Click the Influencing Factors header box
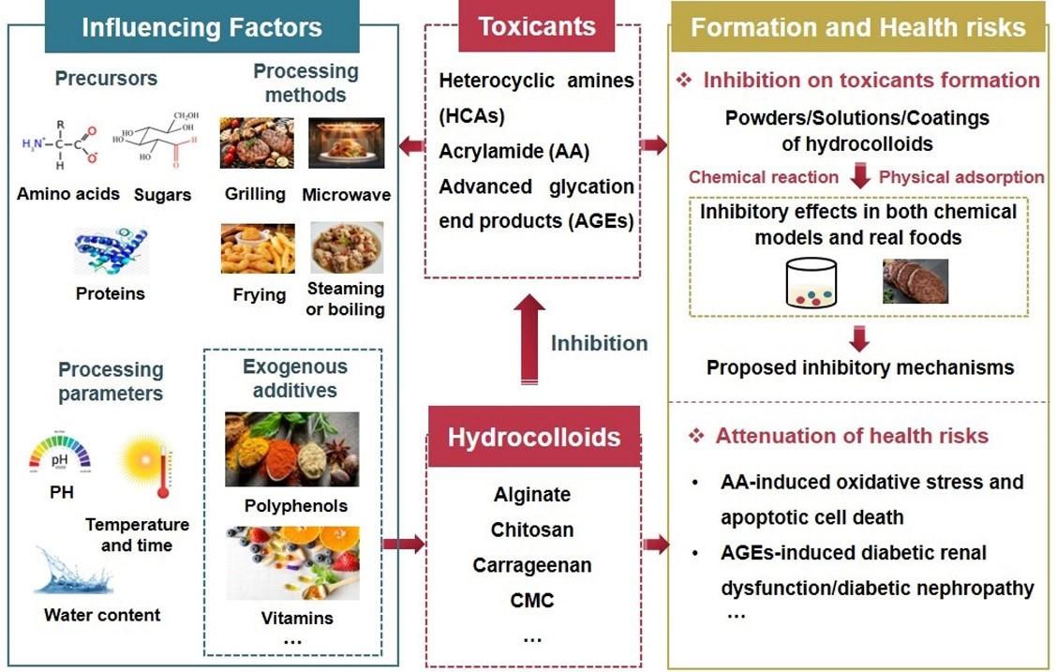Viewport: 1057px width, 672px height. tap(201, 26)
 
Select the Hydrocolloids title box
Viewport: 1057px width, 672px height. tap(533, 437)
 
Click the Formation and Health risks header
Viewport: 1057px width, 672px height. tap(857, 26)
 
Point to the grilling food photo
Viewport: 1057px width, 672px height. tap(256, 142)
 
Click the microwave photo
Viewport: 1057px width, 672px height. tap(346, 142)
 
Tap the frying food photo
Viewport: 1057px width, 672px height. tap(258, 248)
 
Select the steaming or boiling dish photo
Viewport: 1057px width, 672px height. tap(346, 247)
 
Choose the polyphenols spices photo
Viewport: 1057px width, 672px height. tap(291, 449)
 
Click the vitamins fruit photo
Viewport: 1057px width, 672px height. tap(291, 564)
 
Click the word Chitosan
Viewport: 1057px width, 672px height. tap(532, 530)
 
